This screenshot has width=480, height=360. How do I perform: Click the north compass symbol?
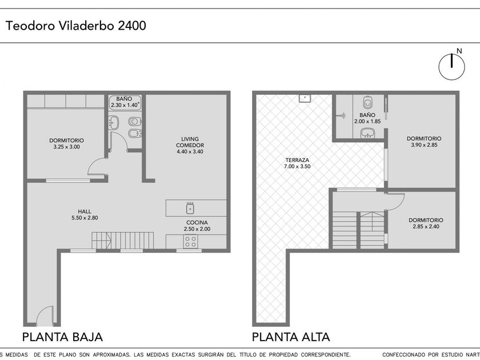pyautogui.click(x=451, y=66)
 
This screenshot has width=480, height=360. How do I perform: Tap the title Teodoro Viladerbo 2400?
pyautogui.click(x=76, y=25)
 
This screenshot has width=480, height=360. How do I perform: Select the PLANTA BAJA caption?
pyautogui.click(x=62, y=337)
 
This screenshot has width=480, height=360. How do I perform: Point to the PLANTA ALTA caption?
pyautogui.click(x=291, y=337)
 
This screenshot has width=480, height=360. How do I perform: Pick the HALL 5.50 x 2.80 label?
pyautogui.click(x=85, y=215)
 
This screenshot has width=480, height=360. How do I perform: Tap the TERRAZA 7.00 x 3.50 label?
pyautogui.click(x=297, y=163)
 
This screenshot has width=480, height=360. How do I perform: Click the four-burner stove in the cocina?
pyautogui.click(x=190, y=241)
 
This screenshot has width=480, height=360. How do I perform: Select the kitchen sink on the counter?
pyautogui.click(x=190, y=208)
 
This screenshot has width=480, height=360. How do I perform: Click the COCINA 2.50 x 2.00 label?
pyautogui.click(x=197, y=226)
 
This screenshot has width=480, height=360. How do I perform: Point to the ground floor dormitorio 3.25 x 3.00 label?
pyautogui.click(x=66, y=143)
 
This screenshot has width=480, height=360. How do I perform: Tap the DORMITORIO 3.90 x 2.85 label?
pyautogui.click(x=424, y=142)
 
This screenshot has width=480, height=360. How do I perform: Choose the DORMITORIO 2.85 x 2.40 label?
pyautogui.click(x=426, y=223)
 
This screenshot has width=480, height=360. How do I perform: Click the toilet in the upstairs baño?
pyautogui.click(x=367, y=102)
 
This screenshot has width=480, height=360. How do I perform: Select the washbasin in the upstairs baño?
pyautogui.click(x=367, y=133)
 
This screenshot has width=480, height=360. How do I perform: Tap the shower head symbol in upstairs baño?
pyautogui.click(x=342, y=115)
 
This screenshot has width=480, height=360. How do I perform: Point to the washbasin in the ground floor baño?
pyautogui.click(x=113, y=123)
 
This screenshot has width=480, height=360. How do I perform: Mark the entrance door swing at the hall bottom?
pyautogui.click(x=45, y=315)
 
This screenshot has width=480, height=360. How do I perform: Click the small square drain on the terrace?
pyautogui.click(x=305, y=98)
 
